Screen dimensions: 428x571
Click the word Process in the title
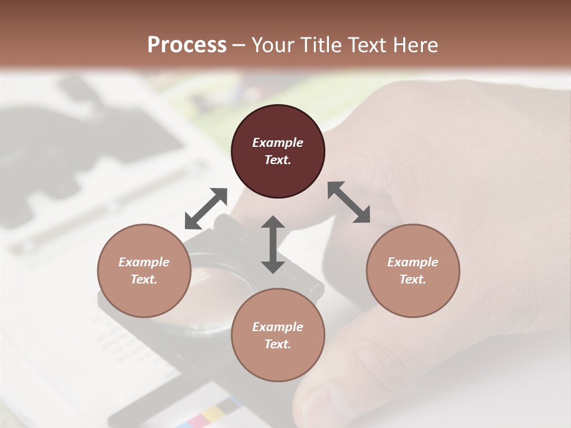point(187,45)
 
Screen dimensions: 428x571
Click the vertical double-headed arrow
point(273,244)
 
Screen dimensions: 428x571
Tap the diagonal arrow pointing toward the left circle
point(206,208)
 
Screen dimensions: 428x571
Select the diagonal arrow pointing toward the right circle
point(349,202)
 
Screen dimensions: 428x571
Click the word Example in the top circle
point(278,143)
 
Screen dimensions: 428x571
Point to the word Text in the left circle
point(144,279)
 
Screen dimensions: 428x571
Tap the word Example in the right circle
point(413,262)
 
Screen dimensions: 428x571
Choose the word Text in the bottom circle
point(278,344)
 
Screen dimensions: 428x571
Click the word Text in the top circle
point(278,160)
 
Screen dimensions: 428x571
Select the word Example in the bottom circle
point(278,327)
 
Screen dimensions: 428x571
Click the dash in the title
point(239,46)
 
